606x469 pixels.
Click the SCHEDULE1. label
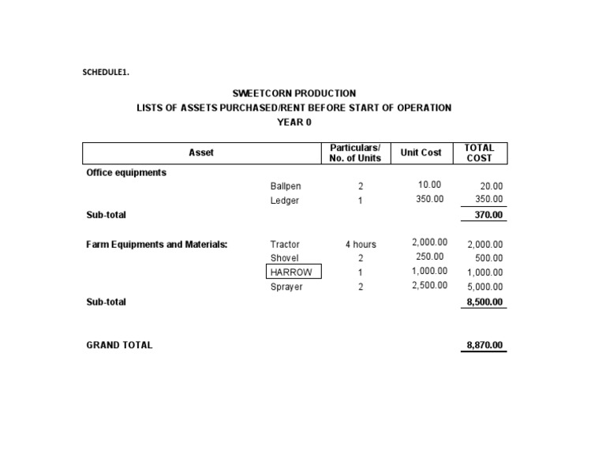tap(106, 73)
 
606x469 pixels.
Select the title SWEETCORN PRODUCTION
tap(294, 93)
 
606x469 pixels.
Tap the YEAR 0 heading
tap(294, 122)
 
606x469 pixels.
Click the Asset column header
tap(201, 152)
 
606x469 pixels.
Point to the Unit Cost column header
tap(421, 152)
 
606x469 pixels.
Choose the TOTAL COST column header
tap(479, 152)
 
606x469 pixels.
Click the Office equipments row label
tap(126, 172)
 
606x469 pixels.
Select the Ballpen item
tap(286, 186)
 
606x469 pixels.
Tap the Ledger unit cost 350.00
tap(430, 200)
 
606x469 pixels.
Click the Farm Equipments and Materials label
tap(156, 245)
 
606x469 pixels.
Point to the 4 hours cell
tap(361, 245)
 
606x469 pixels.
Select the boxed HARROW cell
tap(294, 272)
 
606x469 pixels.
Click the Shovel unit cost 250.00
tap(430, 257)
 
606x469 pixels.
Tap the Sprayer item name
tap(286, 287)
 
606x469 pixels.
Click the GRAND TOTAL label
tap(119, 345)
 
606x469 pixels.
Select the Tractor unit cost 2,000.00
tap(430, 243)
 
